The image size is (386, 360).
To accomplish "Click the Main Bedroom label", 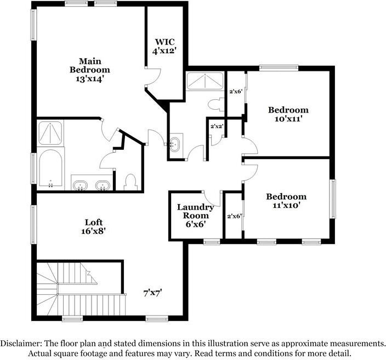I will (89, 70).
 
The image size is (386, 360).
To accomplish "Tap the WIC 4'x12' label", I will (163, 46).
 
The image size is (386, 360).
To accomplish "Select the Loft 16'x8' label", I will (93, 227).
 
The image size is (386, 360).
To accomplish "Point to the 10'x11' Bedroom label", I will (288, 114).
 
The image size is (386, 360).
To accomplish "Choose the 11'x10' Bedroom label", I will (286, 201).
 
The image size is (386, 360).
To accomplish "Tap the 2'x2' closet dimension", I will (217, 127).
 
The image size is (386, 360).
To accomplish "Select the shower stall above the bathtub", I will (50, 133).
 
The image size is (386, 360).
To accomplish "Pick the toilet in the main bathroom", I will (130, 181).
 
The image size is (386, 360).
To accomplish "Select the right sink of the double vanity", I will (101, 184).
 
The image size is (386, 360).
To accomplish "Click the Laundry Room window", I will (212, 241).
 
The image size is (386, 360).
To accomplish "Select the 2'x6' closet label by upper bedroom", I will (236, 91).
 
